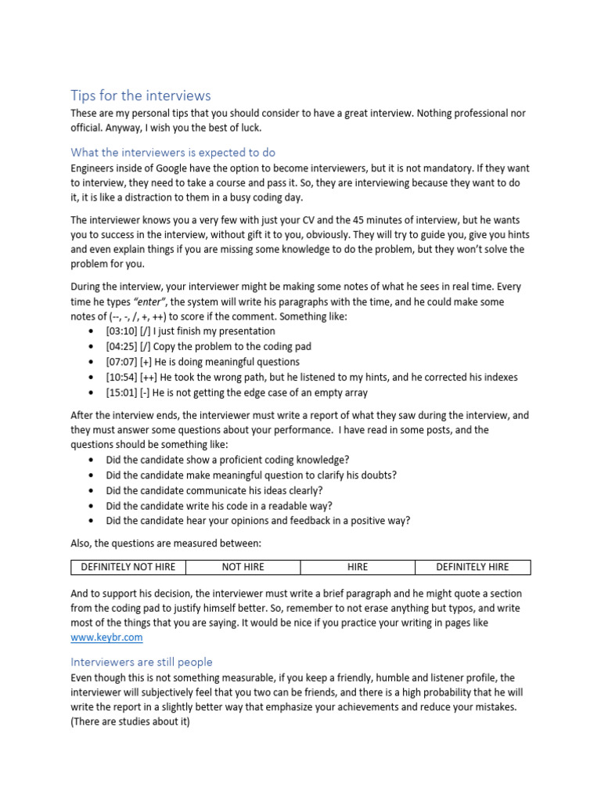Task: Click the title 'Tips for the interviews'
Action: tap(140, 96)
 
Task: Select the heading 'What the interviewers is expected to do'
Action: tap(173, 152)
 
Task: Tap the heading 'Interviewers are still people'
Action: tap(142, 662)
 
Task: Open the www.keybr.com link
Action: tap(106, 638)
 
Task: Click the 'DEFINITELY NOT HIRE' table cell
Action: tap(128, 567)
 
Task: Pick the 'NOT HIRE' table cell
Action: tap(243, 567)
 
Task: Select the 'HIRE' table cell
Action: tap(357, 567)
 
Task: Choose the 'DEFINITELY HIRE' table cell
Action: tap(472, 567)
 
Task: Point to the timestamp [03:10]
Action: tap(121, 331)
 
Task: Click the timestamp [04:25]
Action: tap(121, 346)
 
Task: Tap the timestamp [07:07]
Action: tap(121, 362)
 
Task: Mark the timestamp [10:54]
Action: tap(121, 377)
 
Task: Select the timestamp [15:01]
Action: tap(121, 392)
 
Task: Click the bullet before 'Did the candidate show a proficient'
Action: tap(91, 460)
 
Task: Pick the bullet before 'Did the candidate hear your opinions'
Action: tap(91, 521)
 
